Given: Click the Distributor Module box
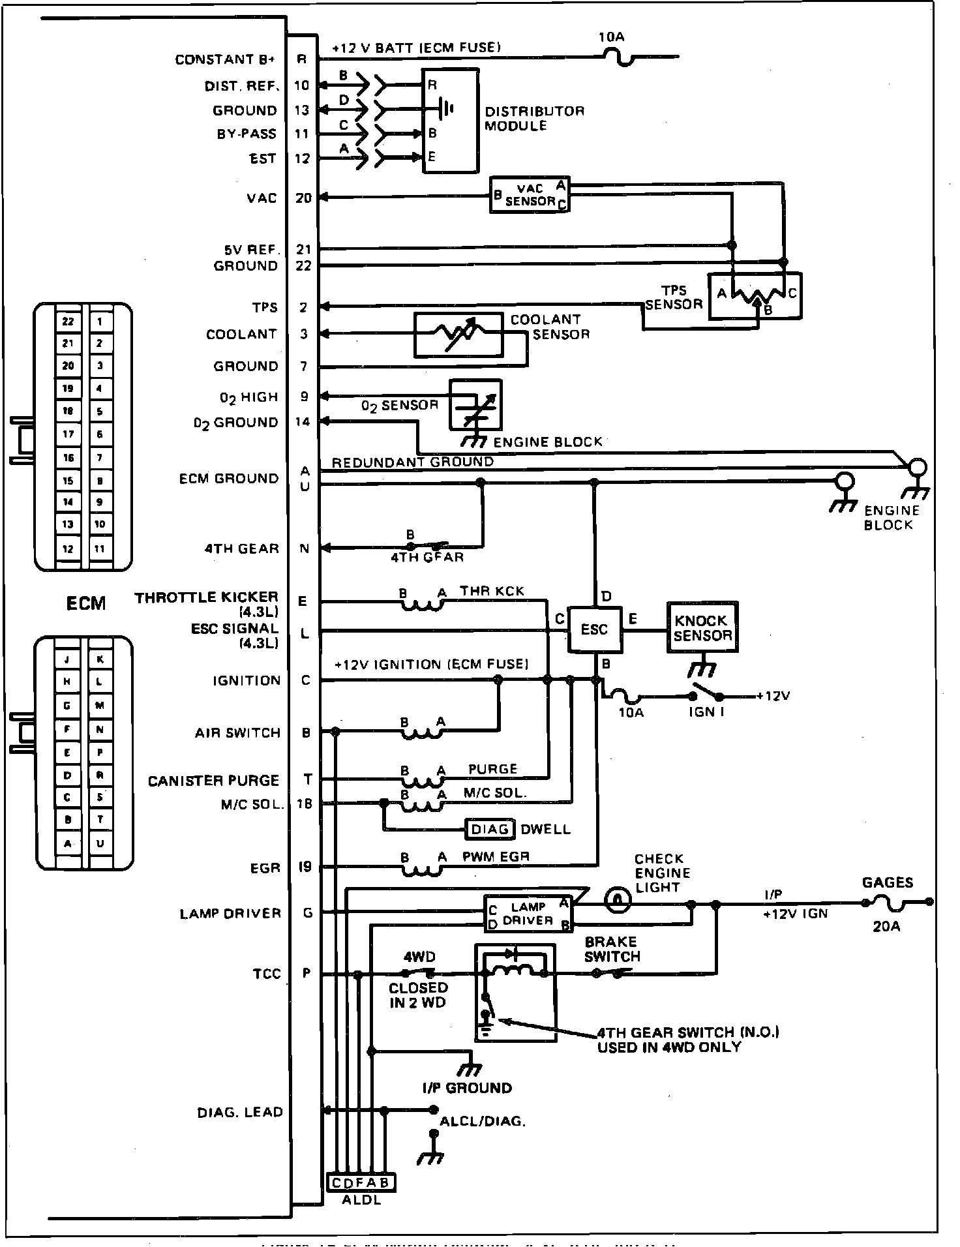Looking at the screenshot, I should tap(451, 121).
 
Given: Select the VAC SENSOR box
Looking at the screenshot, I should tap(530, 194).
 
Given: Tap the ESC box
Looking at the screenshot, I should tap(594, 629).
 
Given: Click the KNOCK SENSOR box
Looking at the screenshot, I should tap(702, 627).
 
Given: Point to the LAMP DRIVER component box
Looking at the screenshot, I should tap(528, 913).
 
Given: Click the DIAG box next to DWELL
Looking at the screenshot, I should tap(490, 829).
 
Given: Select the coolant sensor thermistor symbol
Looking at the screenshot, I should tap(458, 335).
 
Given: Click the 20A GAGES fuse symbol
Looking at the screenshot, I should tap(893, 904).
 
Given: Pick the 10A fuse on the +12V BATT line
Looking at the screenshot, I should tap(618, 58).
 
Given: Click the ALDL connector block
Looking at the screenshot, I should tap(360, 1182).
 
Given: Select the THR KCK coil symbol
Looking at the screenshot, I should tap(423, 604).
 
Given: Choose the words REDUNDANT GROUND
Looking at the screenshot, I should tap(412, 462).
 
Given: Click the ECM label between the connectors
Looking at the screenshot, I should tap(85, 603).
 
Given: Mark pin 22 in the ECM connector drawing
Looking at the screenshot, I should tap(68, 321).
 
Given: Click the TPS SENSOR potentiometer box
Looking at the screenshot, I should tap(755, 295).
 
